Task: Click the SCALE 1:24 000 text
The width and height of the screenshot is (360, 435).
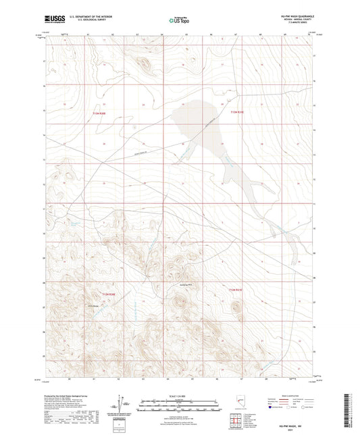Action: (179, 396)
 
